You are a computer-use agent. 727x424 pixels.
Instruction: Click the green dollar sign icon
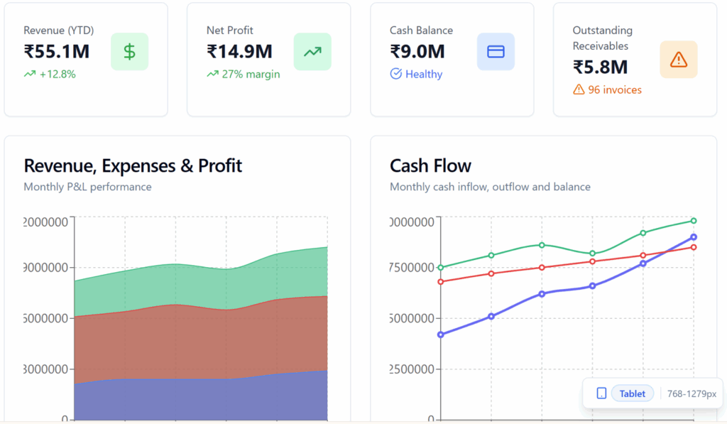[129, 51]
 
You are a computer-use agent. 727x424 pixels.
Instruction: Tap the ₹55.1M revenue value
[57, 51]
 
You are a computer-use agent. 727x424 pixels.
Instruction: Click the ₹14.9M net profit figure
[240, 51]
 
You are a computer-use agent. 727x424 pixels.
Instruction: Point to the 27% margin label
[251, 74]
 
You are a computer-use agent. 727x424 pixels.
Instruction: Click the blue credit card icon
[496, 51]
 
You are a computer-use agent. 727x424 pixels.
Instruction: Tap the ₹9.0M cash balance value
[417, 51]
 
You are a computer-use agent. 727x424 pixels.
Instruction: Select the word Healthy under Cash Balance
[424, 74]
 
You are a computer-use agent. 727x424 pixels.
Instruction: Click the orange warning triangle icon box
[679, 59]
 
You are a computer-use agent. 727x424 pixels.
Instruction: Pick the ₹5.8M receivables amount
[601, 67]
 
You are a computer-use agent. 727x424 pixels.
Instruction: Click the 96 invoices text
[615, 89]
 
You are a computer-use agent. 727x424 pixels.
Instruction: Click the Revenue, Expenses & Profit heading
[133, 165]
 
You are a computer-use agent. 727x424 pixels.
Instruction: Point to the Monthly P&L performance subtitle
[87, 187]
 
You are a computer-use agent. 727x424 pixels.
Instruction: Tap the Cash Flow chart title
[430, 165]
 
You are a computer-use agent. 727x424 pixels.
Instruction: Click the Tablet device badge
[633, 393]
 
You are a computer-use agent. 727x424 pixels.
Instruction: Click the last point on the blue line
[694, 237]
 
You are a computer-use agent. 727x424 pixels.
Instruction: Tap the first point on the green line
[441, 268]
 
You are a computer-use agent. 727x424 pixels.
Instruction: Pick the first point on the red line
[441, 282]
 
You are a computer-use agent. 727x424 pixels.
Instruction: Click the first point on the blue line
[441, 335]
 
